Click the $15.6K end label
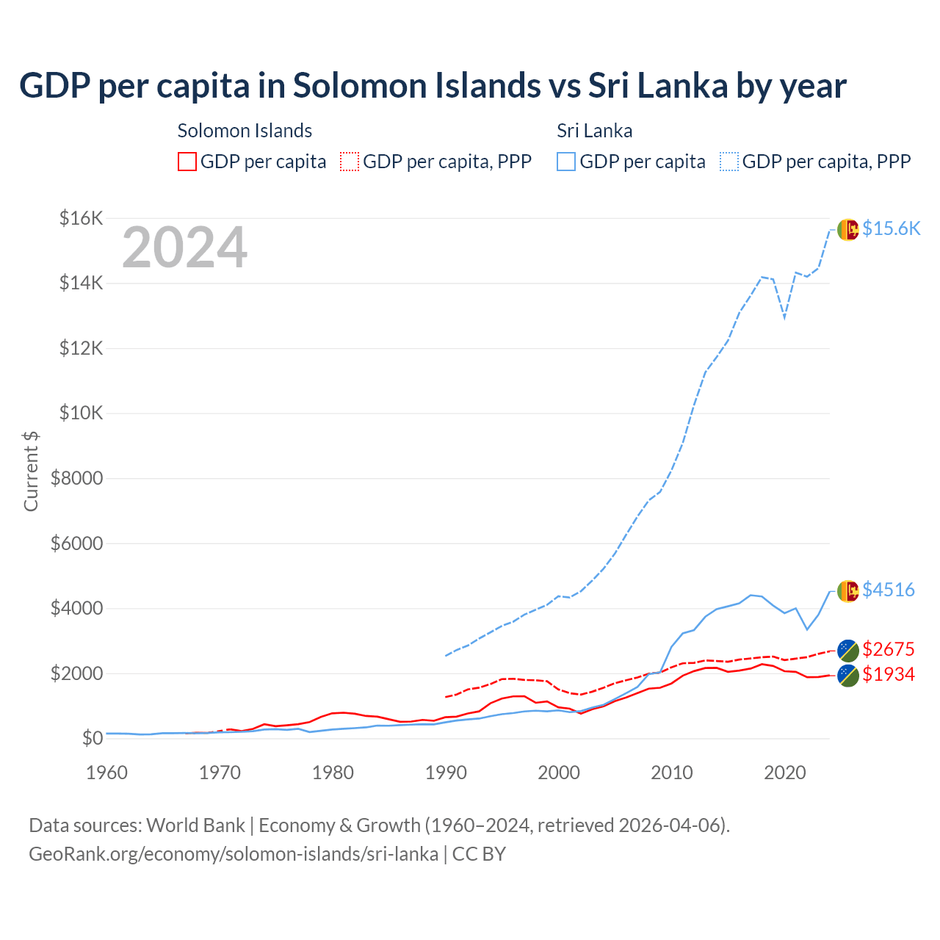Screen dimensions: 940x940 [891, 228]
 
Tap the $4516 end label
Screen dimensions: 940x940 [888, 590]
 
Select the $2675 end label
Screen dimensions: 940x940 [888, 649]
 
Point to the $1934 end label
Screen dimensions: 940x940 [888, 674]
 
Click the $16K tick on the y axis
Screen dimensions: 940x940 [81, 218]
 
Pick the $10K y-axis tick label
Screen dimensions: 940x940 [81, 413]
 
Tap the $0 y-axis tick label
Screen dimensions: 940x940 [92, 738]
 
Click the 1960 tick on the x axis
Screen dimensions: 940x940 [107, 773]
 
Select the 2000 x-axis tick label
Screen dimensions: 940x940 [559, 773]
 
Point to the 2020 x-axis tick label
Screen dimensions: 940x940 [785, 773]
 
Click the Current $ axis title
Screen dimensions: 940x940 [31, 471]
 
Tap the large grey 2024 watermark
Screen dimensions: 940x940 [184, 247]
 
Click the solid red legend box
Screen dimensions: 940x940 [187, 162]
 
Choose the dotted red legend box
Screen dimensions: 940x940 [350, 162]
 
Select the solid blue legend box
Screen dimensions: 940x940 [566, 162]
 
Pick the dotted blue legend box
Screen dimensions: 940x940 [729, 162]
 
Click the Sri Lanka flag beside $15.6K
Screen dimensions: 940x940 [847, 229]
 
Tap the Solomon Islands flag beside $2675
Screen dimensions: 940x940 [847, 650]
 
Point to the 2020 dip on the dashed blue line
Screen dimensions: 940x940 [784, 317]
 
